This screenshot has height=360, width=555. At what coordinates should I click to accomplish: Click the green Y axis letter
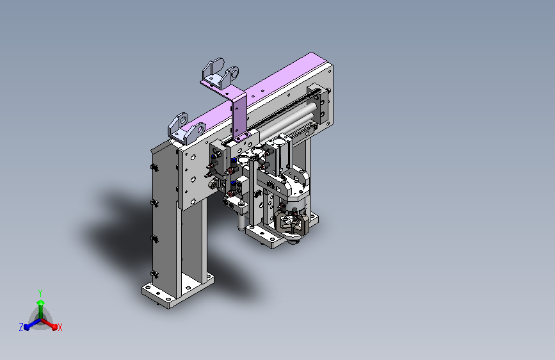(x=40, y=293)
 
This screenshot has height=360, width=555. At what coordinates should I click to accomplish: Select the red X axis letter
(x=60, y=328)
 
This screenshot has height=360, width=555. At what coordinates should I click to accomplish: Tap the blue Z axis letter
(x=21, y=327)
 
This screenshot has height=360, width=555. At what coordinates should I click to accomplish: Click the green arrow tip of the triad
(x=41, y=302)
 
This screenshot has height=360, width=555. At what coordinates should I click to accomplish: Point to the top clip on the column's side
(x=154, y=168)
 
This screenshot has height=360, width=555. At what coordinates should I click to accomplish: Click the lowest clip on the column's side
(x=154, y=274)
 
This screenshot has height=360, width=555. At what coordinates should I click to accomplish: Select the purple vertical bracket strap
(x=239, y=115)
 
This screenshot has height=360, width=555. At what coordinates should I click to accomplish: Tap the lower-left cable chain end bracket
(x=186, y=129)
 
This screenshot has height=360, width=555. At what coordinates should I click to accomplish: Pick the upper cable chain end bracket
(x=220, y=74)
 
